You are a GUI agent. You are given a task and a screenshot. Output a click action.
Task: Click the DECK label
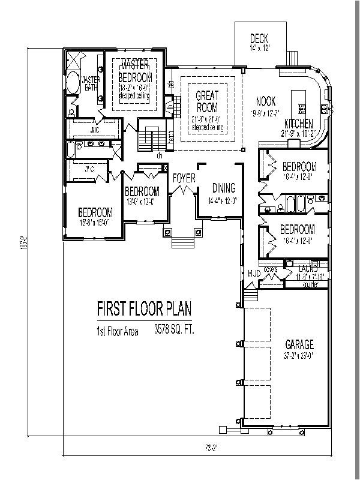coord(259,39)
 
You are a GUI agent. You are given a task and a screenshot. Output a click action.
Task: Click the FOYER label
coord(183,178)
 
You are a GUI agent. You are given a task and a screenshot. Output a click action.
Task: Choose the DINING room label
coord(223,188)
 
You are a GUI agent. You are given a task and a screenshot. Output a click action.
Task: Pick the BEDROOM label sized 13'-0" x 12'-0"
coord(142,191)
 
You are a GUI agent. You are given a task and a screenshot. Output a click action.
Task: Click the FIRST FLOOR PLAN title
coord(144,308)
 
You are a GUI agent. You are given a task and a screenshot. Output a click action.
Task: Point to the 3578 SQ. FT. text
coord(173,329)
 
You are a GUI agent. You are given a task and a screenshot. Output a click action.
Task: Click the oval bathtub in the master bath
coord(72,83)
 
